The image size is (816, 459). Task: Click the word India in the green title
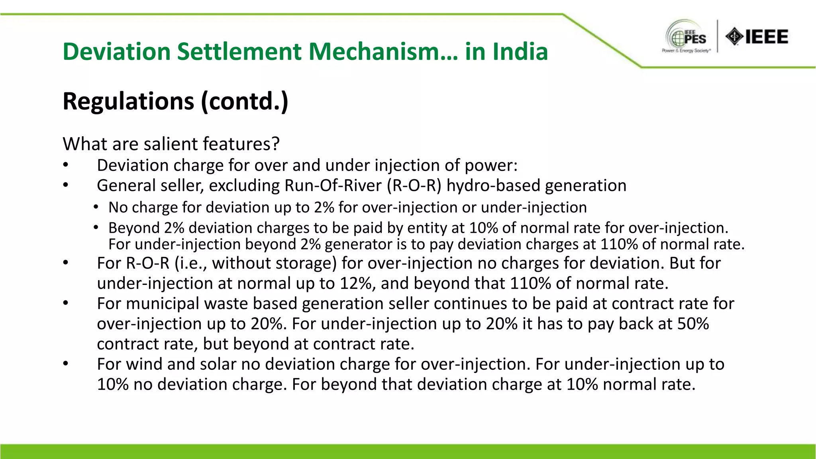click(x=520, y=52)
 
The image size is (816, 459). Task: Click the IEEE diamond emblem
click(x=734, y=37)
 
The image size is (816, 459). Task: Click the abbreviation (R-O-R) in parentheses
click(x=414, y=186)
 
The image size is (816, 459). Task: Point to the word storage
click(x=310, y=263)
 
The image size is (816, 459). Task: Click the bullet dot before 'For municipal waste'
click(x=66, y=304)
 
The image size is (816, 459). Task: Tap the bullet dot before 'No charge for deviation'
click(x=96, y=207)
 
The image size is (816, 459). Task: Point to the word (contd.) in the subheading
click(x=244, y=101)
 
